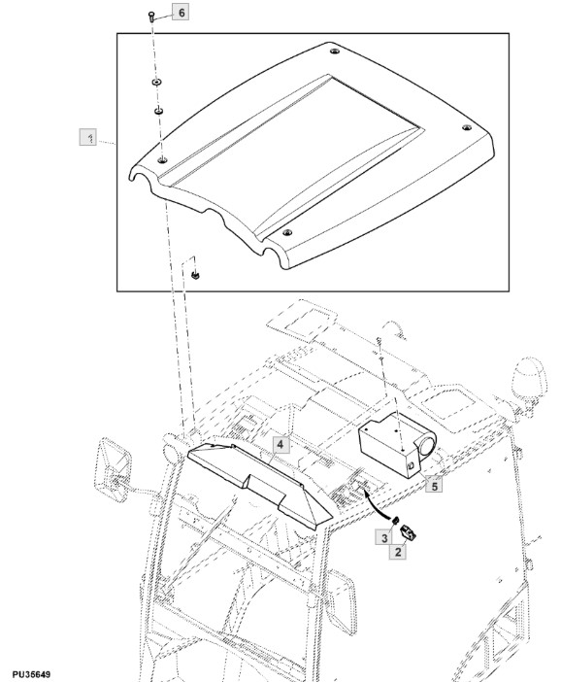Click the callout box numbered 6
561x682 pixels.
(x=181, y=13)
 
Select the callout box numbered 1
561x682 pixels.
(x=87, y=137)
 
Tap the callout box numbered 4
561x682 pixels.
(x=280, y=445)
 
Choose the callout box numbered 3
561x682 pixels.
(x=384, y=537)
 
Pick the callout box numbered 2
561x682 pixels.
(x=398, y=552)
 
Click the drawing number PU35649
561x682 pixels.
(x=31, y=674)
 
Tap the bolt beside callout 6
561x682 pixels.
(x=150, y=17)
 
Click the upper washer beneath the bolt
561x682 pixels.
(x=156, y=82)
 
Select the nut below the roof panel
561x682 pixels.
(x=195, y=275)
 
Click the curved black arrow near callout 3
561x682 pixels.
(x=374, y=503)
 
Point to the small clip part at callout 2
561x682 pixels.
(x=408, y=532)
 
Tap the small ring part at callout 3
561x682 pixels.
(x=395, y=520)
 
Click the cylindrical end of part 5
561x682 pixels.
(x=425, y=446)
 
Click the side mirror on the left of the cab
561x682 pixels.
(x=113, y=470)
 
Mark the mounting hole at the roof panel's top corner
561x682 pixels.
(x=334, y=51)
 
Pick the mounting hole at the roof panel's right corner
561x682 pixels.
(x=466, y=127)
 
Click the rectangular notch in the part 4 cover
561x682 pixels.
(x=266, y=488)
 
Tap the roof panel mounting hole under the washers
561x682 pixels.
(x=162, y=160)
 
